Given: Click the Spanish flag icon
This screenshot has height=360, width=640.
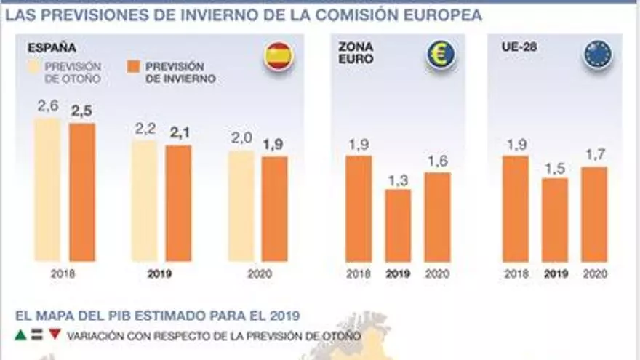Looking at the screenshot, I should (279, 57).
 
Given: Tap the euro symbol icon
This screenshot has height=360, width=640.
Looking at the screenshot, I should (441, 55).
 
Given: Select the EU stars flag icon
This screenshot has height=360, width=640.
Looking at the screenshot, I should (597, 55).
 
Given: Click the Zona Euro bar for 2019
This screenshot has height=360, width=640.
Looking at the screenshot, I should (398, 225).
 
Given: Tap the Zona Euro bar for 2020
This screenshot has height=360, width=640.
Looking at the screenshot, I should (437, 217).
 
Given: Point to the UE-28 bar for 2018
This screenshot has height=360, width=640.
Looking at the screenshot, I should (516, 209).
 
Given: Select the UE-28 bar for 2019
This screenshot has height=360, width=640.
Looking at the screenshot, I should (555, 220).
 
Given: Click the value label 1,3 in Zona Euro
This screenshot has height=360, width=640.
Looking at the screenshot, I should (398, 179).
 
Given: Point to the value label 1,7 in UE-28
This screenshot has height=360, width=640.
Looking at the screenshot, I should (594, 155).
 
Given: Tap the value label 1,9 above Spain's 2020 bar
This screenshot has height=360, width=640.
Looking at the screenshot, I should (273, 145).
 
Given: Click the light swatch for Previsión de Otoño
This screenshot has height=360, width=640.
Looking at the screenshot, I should (35, 72).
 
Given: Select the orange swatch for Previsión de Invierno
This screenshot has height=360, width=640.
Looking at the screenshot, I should (133, 72).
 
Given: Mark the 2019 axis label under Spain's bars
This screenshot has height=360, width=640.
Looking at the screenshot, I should (160, 275).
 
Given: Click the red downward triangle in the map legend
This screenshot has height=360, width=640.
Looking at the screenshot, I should (55, 335).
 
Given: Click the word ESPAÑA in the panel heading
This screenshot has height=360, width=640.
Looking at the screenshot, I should (52, 48).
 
